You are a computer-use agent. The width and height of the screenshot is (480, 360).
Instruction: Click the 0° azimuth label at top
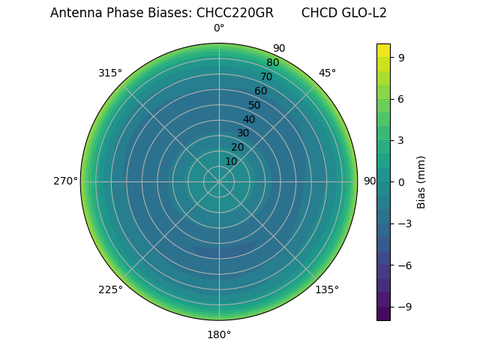(x=219, y=28)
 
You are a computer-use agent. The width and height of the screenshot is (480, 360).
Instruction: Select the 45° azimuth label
(x=327, y=73)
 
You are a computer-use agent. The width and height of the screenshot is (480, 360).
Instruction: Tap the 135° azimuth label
(x=327, y=289)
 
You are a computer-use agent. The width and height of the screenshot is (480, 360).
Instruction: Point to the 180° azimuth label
(x=219, y=334)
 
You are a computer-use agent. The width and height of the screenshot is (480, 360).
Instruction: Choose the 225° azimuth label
(x=110, y=289)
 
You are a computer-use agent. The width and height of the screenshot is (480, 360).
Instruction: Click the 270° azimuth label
(x=65, y=181)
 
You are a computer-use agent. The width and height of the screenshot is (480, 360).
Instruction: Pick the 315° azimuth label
(x=110, y=73)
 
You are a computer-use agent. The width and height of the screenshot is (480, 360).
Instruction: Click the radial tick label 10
(x=231, y=161)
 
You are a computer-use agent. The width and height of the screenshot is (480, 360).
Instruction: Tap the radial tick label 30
(x=243, y=133)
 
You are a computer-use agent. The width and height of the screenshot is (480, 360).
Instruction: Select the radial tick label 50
(x=255, y=105)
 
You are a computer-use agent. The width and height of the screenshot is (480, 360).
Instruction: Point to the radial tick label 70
(x=266, y=76)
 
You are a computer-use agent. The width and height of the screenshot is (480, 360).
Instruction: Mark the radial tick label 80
(x=272, y=63)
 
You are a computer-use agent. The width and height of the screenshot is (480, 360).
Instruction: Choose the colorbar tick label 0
(x=401, y=181)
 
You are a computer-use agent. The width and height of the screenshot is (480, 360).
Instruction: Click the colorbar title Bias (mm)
(x=421, y=181)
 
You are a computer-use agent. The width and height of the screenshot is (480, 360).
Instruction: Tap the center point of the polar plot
(x=219, y=181)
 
